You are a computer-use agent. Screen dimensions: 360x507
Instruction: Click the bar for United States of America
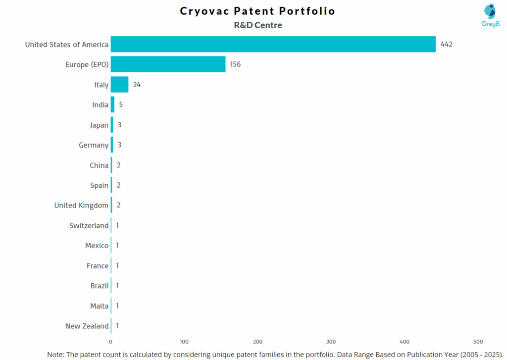point(273,44)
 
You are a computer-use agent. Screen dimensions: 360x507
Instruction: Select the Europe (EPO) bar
point(168,64)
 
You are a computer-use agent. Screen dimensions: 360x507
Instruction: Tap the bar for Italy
point(119,85)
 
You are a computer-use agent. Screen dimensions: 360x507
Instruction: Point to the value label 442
point(446,45)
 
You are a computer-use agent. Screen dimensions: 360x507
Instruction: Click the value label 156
point(235,64)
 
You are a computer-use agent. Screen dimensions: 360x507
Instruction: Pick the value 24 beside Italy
point(137,85)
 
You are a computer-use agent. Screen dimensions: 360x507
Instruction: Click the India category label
point(100,105)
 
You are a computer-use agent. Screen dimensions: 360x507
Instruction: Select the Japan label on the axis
point(99,125)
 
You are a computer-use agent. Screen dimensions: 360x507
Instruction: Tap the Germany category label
point(94,145)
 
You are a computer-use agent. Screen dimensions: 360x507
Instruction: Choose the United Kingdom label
point(81,206)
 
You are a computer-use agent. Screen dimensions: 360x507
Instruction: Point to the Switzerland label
point(89,226)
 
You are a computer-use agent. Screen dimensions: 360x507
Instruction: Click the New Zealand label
point(87,326)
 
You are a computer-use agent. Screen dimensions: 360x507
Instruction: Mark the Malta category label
point(99,306)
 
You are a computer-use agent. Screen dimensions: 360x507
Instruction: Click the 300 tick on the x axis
point(331,342)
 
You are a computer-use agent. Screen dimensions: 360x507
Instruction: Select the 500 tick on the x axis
point(478,342)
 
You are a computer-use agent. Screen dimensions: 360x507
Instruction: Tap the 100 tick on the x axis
point(184,342)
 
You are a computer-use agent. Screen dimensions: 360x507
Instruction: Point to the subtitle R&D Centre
point(258,25)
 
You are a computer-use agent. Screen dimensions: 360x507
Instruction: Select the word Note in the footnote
point(56,355)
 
